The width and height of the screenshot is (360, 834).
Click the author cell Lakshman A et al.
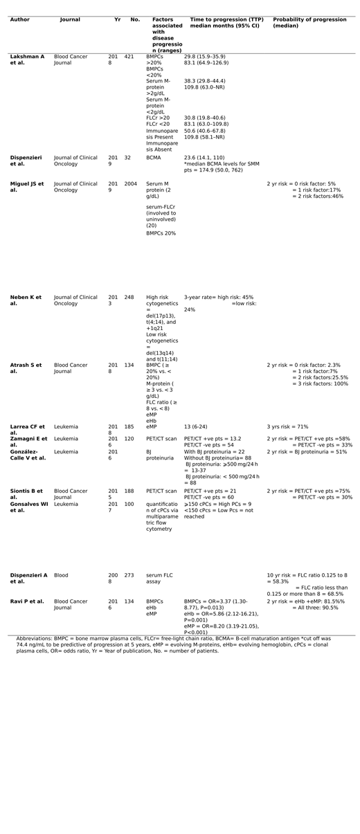point(27,59)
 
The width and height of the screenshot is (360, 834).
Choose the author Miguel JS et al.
point(27,187)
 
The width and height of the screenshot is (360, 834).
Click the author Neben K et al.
point(26,300)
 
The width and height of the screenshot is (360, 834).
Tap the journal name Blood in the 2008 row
point(61,575)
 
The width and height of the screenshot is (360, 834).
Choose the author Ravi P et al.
point(27,601)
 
